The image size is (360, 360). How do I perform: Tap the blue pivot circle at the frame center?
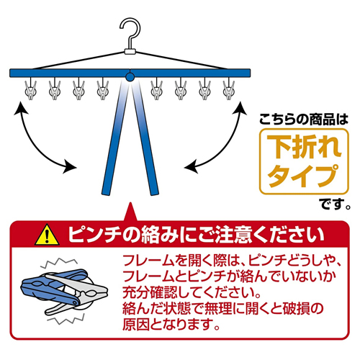130,77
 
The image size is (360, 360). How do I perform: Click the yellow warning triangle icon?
47,235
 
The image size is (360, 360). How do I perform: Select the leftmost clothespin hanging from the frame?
31,89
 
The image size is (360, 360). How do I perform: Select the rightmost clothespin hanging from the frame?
229,89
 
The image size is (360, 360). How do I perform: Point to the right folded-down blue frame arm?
144,137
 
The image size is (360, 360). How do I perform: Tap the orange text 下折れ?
304,147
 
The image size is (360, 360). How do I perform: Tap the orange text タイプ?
303,175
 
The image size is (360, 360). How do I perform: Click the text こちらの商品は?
304,120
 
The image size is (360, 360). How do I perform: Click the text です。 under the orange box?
336,204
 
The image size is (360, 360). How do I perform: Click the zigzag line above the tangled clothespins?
59,263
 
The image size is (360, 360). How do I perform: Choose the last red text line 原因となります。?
171,324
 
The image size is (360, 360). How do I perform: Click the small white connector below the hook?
130,51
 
